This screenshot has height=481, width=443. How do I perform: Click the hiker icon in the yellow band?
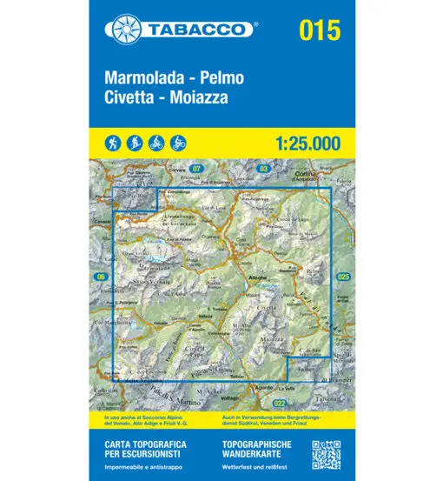[116, 142]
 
